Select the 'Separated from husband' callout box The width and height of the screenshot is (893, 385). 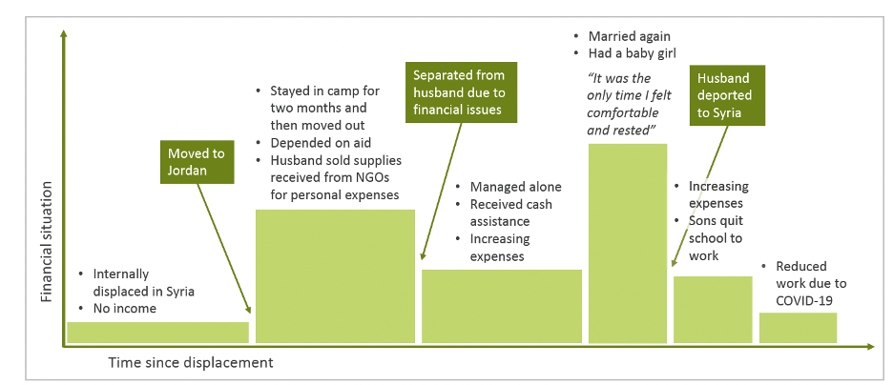pos(461,92)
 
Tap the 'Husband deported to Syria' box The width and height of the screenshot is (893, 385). pos(727,95)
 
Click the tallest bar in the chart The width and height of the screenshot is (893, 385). pos(627,243)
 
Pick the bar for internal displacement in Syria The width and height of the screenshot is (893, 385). pos(157,333)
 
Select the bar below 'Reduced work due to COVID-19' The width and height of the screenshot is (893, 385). pos(798,328)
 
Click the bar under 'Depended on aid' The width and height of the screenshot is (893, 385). pos(335,276)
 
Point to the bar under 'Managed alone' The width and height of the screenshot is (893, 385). pos(502,307)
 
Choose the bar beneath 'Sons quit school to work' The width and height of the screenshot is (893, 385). pos(713,310)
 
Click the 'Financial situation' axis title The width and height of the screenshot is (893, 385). pos(47,241)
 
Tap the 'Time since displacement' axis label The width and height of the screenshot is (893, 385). pos(191,362)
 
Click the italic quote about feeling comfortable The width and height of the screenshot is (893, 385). pos(629,104)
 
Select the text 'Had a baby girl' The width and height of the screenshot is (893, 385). pos(633,53)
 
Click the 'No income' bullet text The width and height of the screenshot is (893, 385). pos(125,309)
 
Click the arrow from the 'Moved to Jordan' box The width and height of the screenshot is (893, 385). pos(224,249)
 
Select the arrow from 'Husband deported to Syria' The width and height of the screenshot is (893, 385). pos(700,196)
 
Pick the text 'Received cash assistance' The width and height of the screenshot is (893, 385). pos(510,213)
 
